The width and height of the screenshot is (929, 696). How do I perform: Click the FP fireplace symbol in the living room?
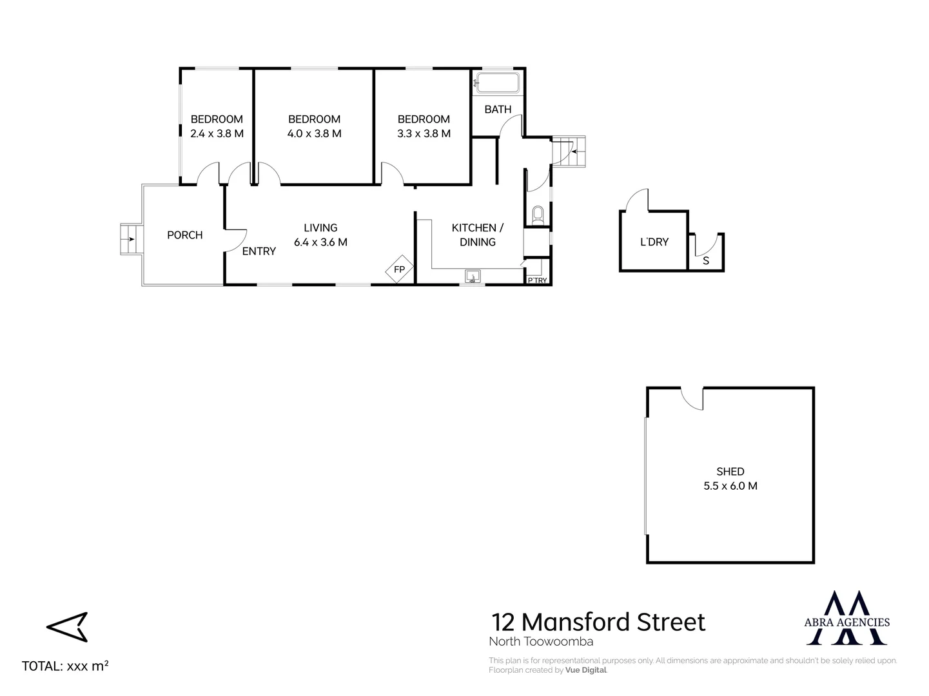[x=399, y=269]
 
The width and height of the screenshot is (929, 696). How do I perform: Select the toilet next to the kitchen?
[x=538, y=215]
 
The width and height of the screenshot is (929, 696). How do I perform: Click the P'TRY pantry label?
[x=537, y=280]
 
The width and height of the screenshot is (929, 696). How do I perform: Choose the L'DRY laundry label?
[x=654, y=242]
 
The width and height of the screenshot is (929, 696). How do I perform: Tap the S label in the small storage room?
[x=706, y=261]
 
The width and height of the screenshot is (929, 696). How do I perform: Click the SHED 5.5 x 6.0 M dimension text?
[x=730, y=486]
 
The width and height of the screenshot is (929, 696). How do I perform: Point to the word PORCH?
[x=185, y=235]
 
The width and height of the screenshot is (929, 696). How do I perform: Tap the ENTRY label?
[x=259, y=251]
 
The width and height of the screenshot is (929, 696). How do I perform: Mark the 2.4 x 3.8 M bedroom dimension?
[x=217, y=134]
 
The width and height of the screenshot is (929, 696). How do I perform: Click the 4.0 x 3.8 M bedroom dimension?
[x=315, y=134]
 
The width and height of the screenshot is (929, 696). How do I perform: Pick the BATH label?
[x=498, y=110]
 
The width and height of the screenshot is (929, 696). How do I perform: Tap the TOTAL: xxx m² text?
[x=65, y=666]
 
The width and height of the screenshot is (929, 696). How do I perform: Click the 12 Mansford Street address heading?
[x=598, y=623]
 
